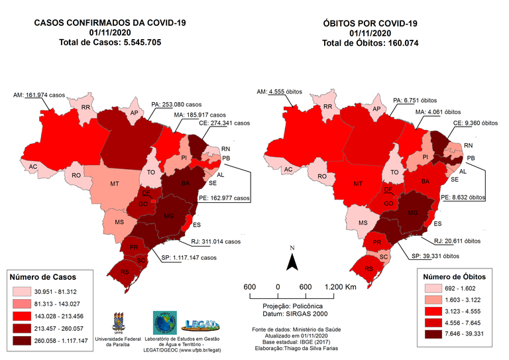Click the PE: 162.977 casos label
tap(226, 198)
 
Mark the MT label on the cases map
tap(115, 183)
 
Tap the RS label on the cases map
tap(123, 271)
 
